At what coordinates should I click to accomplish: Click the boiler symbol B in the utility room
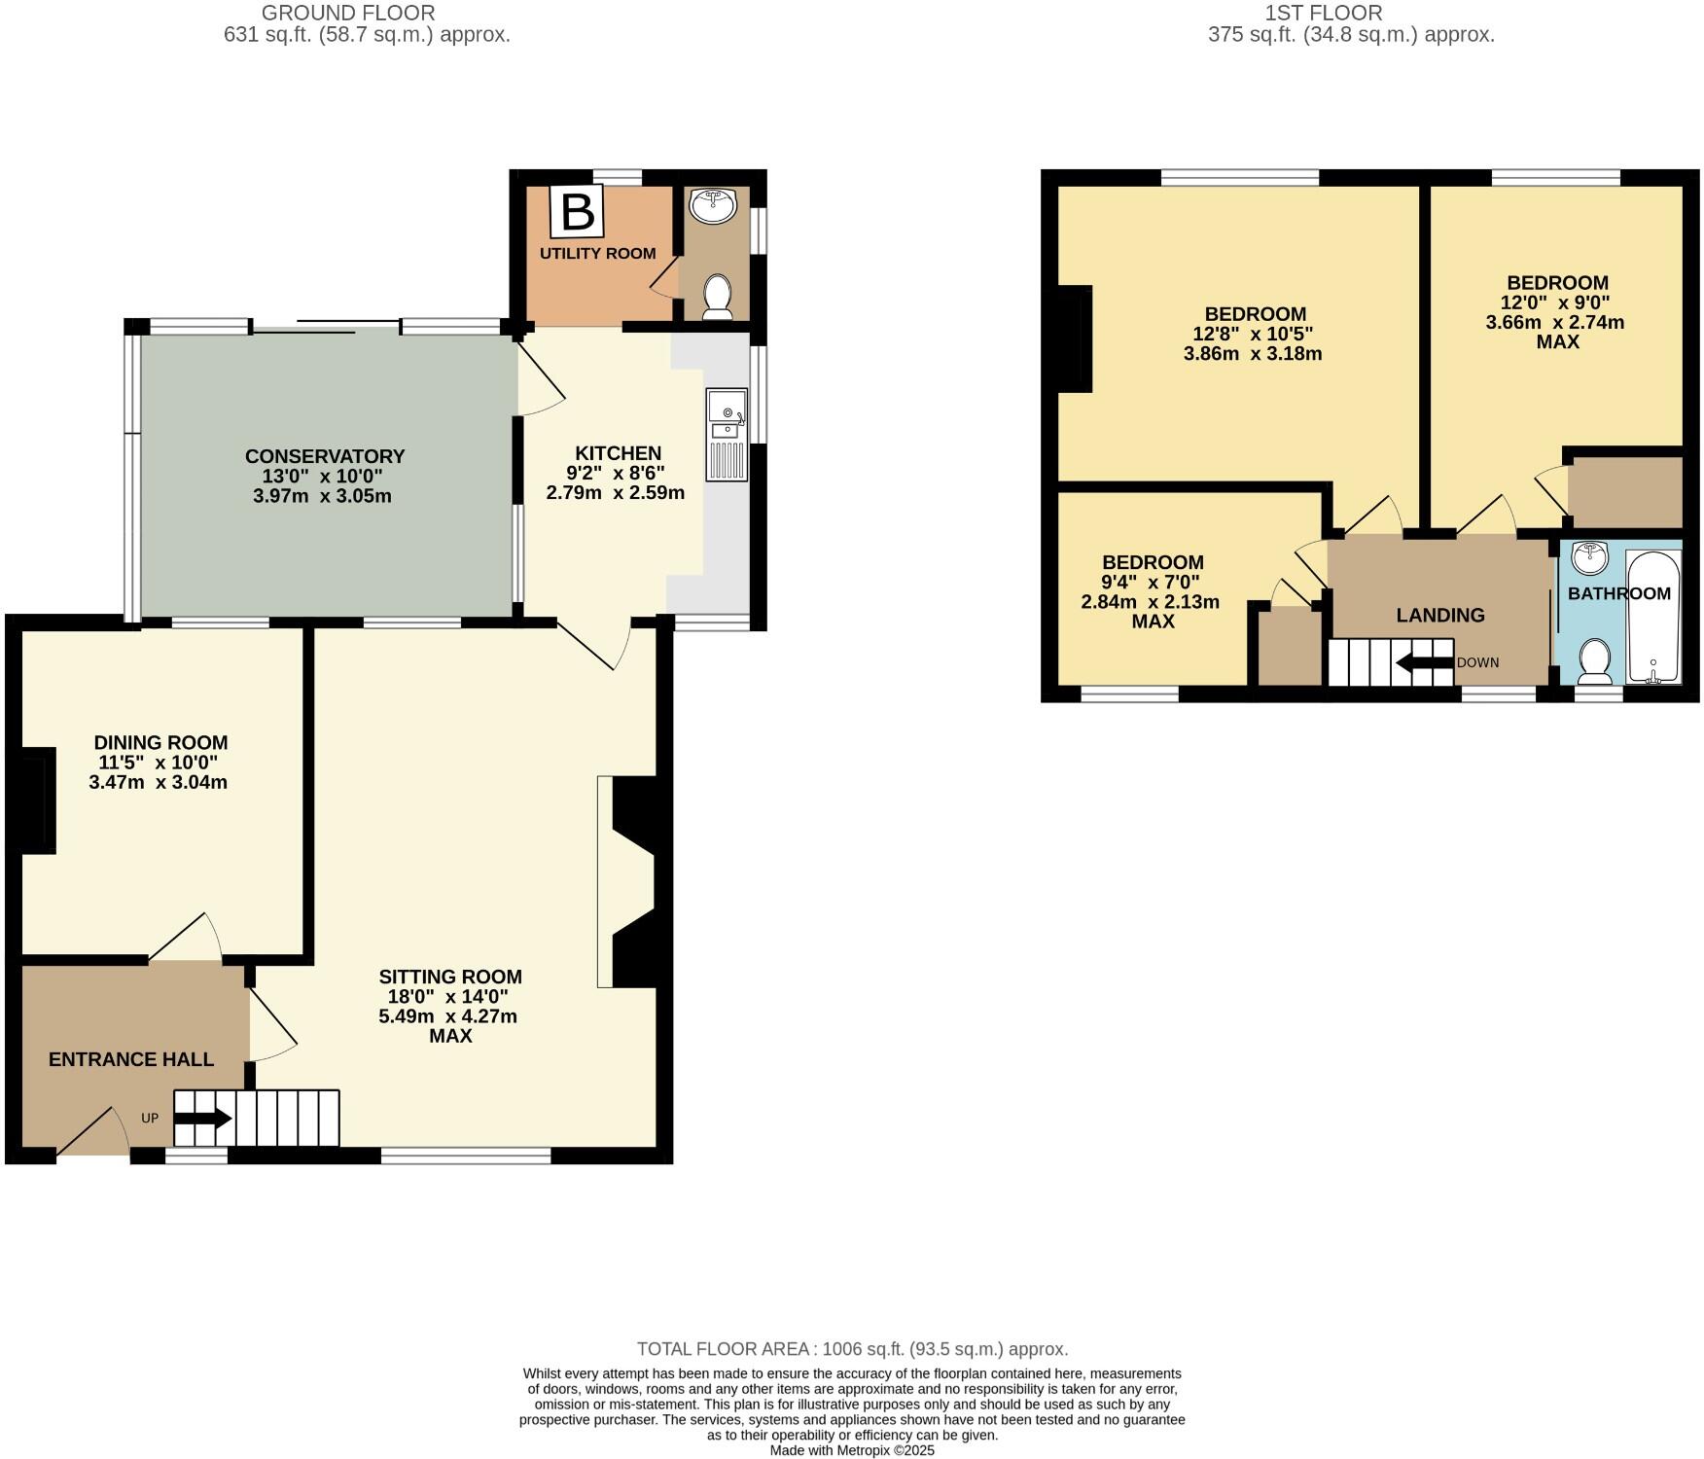point(577,211)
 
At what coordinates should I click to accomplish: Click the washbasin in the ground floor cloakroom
point(713,205)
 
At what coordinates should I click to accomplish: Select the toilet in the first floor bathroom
point(1595,660)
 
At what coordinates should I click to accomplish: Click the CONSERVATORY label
point(324,456)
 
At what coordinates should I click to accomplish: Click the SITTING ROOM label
point(450,977)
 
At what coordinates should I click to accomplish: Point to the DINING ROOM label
point(160,742)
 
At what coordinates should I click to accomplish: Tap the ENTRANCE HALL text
point(131,1059)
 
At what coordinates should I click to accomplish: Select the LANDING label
point(1439,615)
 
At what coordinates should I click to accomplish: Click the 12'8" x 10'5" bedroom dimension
point(1253,334)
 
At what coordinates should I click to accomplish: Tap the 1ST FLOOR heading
point(1351,13)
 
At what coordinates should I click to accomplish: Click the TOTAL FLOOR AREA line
point(852,1349)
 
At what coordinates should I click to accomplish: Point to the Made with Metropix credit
point(852,1450)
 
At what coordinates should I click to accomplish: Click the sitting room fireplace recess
point(632,880)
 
